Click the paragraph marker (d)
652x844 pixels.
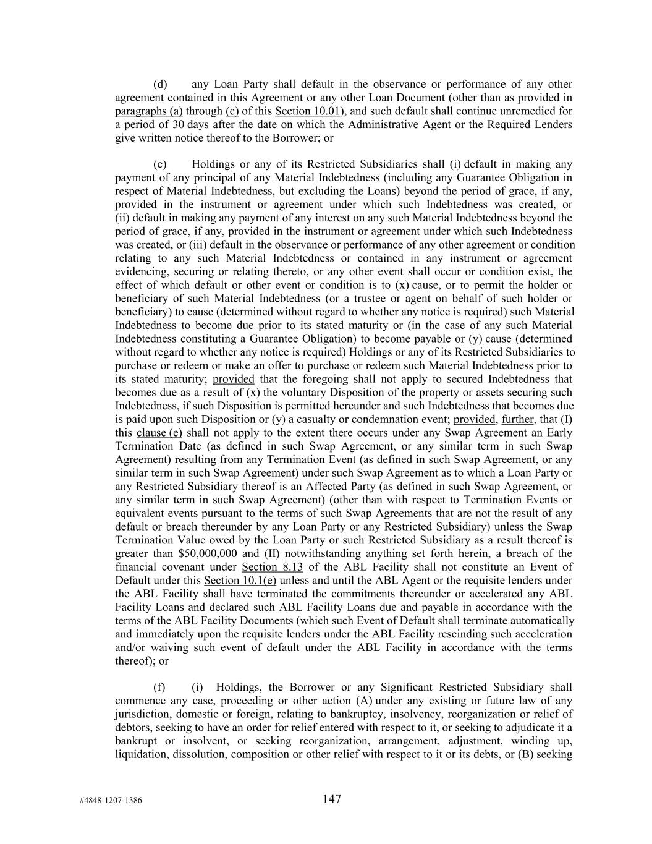point(160,84)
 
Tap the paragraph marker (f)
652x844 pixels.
point(159,687)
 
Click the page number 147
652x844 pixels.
point(331,799)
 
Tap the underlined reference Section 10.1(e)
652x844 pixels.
point(240,581)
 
